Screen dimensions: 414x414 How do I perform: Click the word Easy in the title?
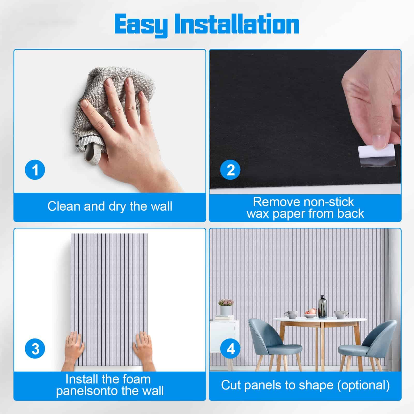(141, 25)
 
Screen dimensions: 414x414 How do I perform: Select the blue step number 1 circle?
(35, 170)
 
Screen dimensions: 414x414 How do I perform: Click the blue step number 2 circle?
(231, 170)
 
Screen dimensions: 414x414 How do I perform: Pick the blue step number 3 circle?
(35, 349)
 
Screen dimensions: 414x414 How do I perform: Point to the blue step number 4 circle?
(231, 349)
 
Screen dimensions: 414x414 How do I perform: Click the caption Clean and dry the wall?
(110, 206)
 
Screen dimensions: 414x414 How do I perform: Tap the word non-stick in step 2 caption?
(329, 202)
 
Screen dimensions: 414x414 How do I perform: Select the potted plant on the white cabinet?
(226, 307)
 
